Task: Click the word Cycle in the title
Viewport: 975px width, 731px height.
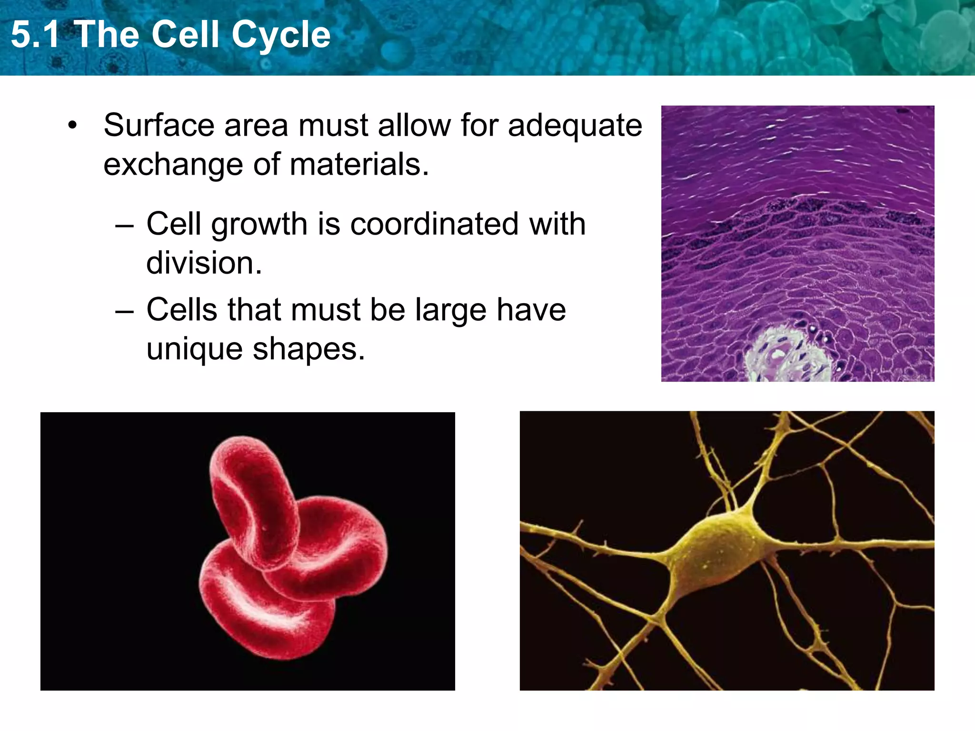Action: [281, 35]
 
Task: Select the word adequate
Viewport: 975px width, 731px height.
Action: [575, 126]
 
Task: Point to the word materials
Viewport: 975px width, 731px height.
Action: [359, 165]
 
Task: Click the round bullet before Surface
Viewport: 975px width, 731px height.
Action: [72, 126]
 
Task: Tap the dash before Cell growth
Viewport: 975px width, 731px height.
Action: [124, 226]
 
